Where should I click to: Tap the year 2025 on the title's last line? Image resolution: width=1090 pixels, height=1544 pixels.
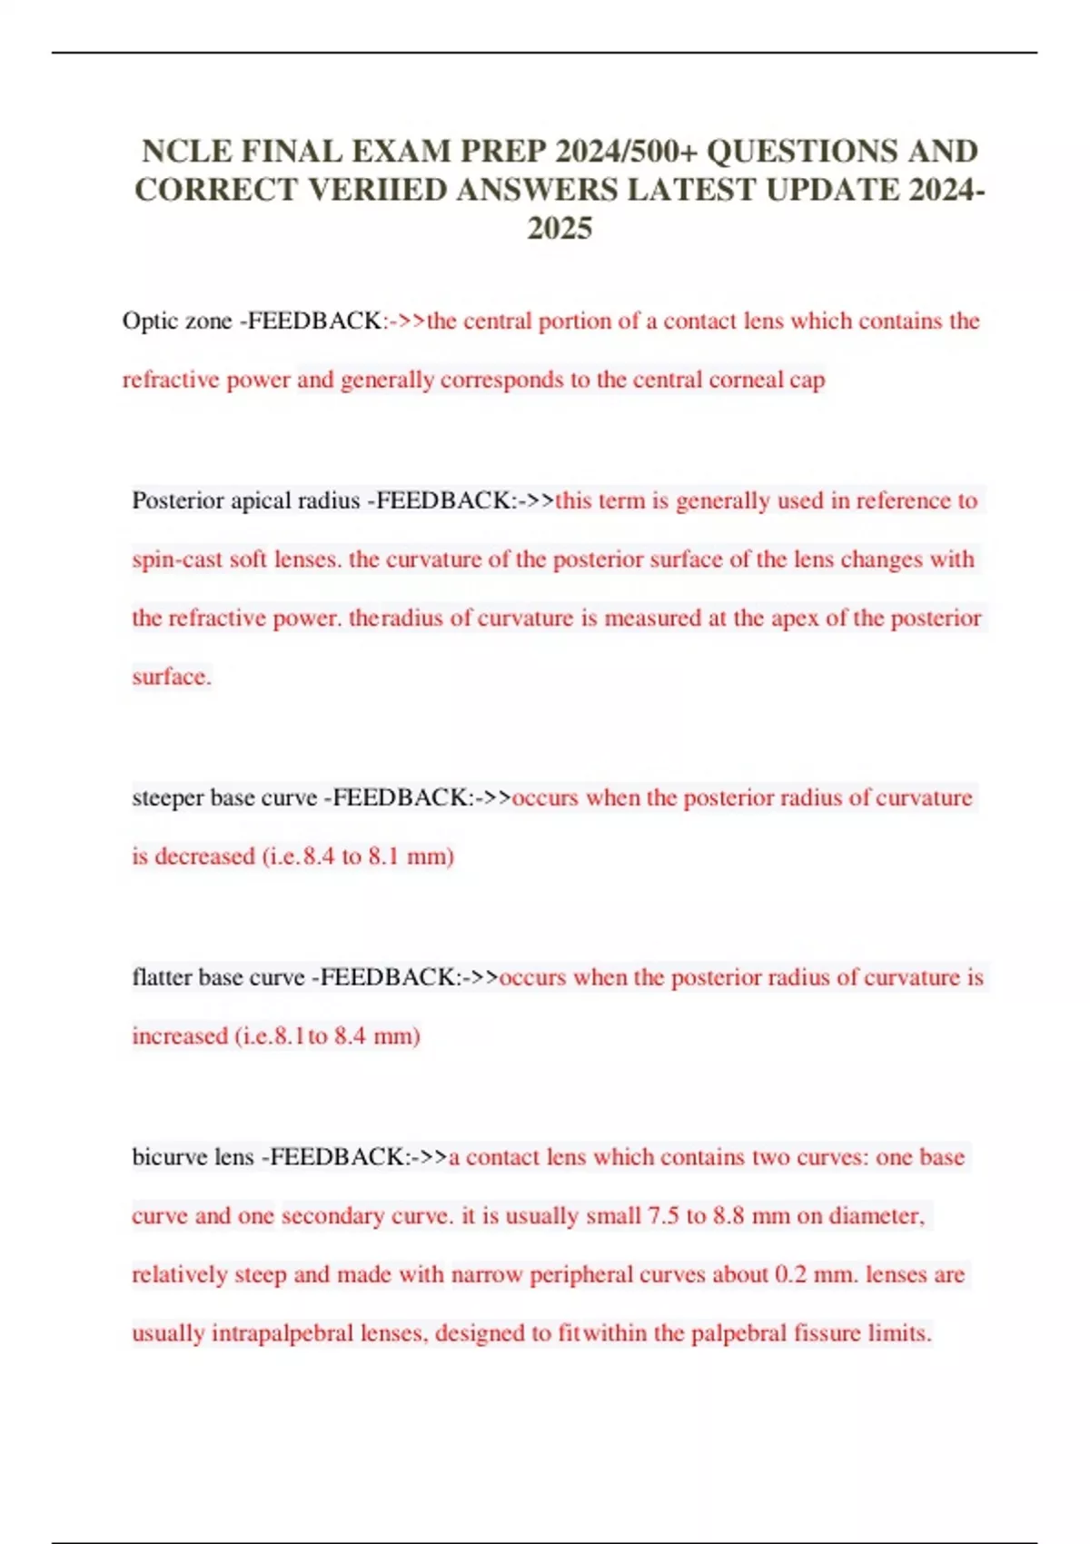click(x=560, y=228)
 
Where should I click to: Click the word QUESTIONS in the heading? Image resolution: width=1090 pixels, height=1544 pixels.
click(x=800, y=151)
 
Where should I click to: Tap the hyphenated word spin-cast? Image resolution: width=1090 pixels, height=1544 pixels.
click(x=177, y=559)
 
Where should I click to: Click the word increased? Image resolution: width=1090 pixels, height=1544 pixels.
click(x=180, y=1036)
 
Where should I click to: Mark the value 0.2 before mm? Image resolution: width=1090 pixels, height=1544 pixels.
click(x=790, y=1275)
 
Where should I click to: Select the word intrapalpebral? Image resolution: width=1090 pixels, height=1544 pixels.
click(x=282, y=1334)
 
